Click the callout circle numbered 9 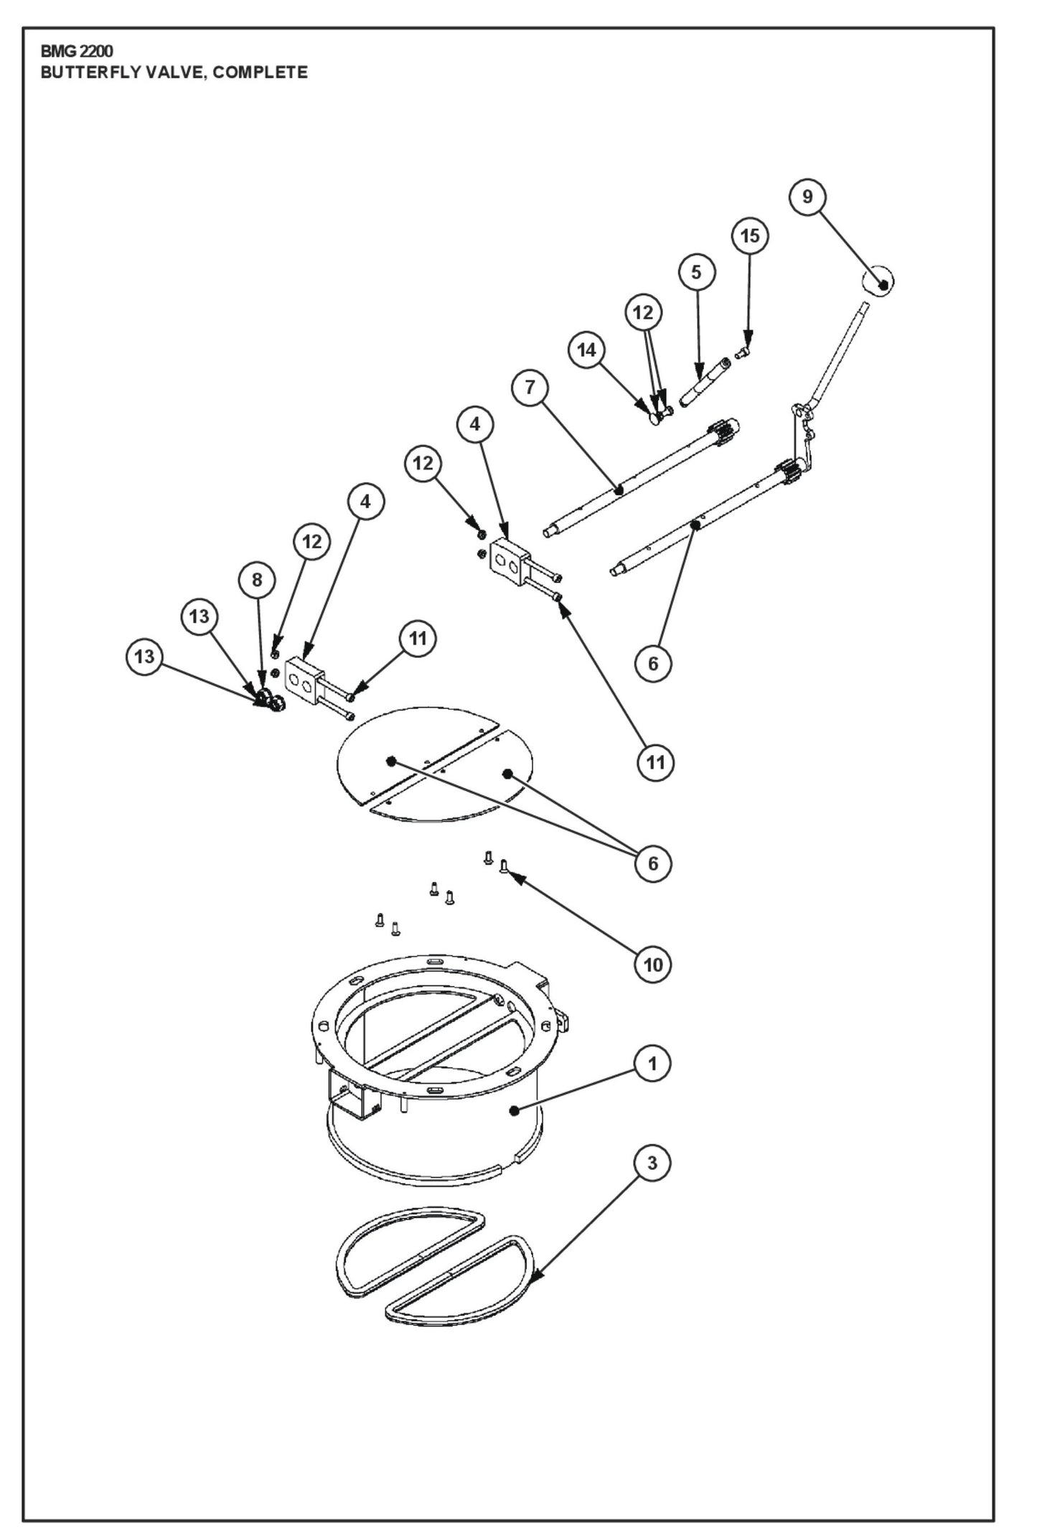(x=807, y=197)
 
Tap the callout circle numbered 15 (x=749, y=236)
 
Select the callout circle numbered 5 (x=695, y=272)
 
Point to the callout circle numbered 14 (x=586, y=350)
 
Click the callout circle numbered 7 (x=530, y=388)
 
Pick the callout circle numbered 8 (x=258, y=579)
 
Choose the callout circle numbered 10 (x=653, y=965)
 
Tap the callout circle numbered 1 (x=652, y=1063)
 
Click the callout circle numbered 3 (x=652, y=1163)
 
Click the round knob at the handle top (x=878, y=281)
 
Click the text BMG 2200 (x=77, y=52)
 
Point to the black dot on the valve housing (x=514, y=1110)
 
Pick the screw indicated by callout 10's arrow (x=504, y=866)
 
